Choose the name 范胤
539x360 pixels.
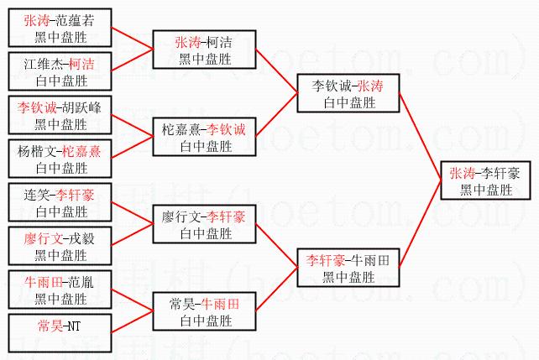point(81,282)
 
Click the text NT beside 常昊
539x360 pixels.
point(73,326)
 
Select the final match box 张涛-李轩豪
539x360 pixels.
point(486,180)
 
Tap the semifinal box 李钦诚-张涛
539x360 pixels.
point(348,93)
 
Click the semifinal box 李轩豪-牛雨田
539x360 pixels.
point(348,268)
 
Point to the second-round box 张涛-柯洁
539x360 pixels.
point(204,50)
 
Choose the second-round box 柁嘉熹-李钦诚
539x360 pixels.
point(204,137)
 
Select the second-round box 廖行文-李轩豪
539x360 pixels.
point(204,224)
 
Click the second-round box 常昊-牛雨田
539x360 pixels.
point(204,311)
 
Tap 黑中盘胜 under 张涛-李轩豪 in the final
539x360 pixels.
point(486,190)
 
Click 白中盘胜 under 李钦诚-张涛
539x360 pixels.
point(349,102)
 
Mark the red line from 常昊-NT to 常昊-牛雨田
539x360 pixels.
point(133,322)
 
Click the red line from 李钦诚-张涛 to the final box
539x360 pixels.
point(420,137)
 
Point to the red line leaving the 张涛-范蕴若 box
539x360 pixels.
point(133,39)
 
